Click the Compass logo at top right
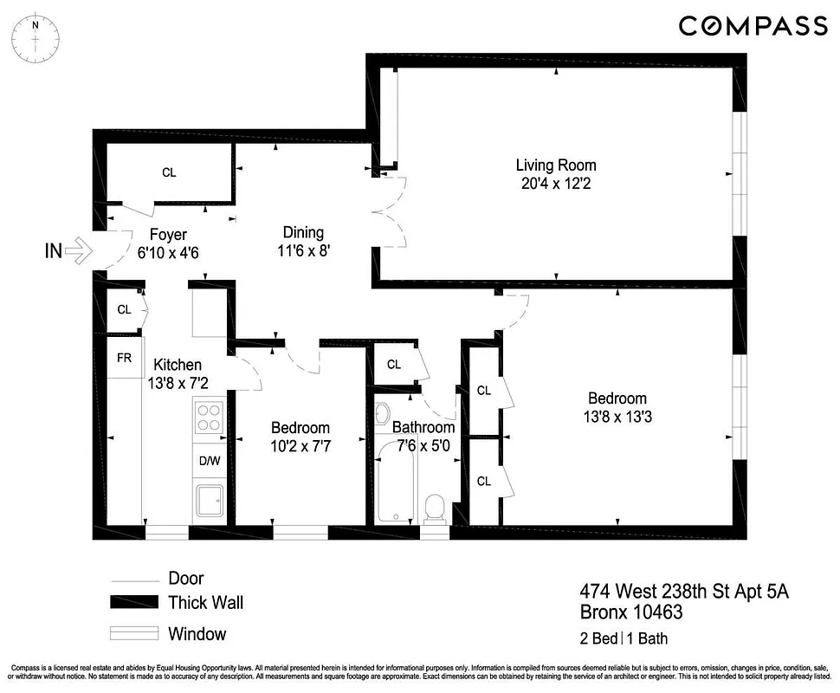click(x=753, y=26)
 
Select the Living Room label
click(x=556, y=165)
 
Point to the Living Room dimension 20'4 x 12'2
click(x=556, y=184)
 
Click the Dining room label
click(x=303, y=232)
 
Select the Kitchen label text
click(x=178, y=365)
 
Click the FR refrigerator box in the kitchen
click(x=124, y=356)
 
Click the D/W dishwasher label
click(x=210, y=461)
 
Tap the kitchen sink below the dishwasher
click(x=209, y=502)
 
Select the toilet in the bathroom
click(x=436, y=508)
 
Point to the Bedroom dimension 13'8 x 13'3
click(x=617, y=417)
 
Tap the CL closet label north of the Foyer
click(x=169, y=172)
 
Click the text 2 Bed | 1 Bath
click(x=624, y=640)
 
